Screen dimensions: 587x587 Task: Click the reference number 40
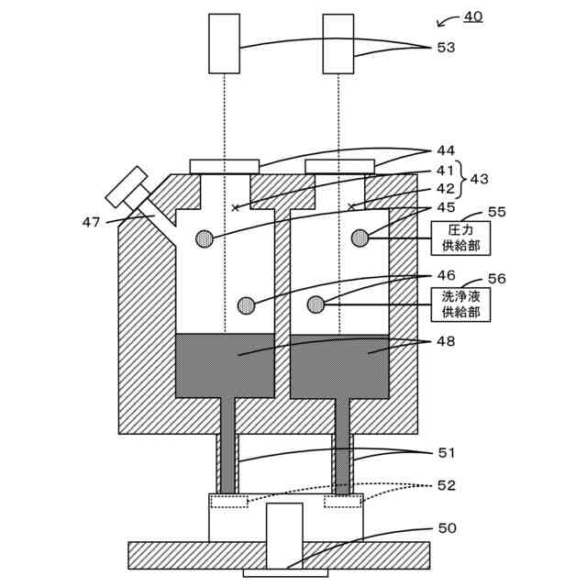click(x=472, y=16)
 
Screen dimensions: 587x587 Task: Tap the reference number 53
click(x=446, y=47)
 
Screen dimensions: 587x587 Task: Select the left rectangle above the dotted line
click(x=224, y=43)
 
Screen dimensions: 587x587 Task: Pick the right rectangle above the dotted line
click(x=338, y=43)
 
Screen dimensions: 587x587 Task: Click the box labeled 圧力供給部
click(x=460, y=238)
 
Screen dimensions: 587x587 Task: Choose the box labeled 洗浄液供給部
click(x=460, y=304)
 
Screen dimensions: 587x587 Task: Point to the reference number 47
click(x=91, y=221)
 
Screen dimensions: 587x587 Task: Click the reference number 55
click(x=496, y=212)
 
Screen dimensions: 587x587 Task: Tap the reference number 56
click(x=496, y=278)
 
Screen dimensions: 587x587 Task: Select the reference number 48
click(x=446, y=341)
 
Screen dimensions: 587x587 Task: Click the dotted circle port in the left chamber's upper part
click(x=205, y=238)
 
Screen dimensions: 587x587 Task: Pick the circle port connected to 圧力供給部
click(x=360, y=238)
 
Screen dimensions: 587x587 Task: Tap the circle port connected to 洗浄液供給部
click(x=316, y=304)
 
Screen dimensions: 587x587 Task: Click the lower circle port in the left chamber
click(x=246, y=305)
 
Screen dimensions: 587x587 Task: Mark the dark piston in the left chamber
click(x=225, y=365)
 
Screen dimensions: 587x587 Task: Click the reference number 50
click(x=446, y=528)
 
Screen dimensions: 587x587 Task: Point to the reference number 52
click(x=446, y=485)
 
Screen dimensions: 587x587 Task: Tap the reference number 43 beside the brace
click(x=479, y=179)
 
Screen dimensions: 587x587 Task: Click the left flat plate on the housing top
click(x=224, y=165)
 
